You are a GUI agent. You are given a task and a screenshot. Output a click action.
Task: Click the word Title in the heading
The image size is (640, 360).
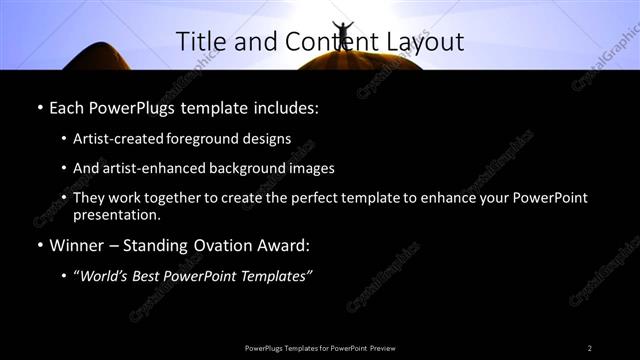(x=200, y=41)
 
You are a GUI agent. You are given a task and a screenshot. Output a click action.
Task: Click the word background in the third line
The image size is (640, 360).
(x=258, y=168)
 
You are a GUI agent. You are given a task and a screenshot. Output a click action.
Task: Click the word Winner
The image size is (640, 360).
(x=75, y=243)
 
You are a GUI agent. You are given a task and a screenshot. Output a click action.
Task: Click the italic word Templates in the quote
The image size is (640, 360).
(x=278, y=275)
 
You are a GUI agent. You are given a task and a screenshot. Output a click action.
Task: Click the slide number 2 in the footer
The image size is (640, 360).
(x=590, y=347)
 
